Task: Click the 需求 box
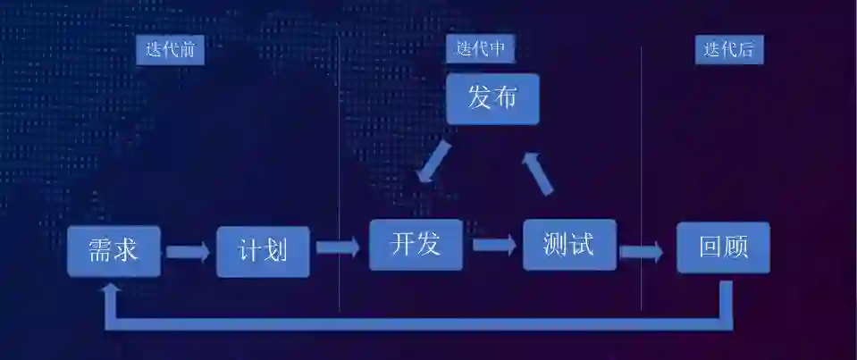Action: tap(113, 250)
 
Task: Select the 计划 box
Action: tap(263, 250)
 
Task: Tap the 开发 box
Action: tap(416, 244)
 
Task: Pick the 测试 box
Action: tap(569, 244)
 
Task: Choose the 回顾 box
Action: tap(722, 247)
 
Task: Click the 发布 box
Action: tap(492, 98)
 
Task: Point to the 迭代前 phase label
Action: tap(170, 50)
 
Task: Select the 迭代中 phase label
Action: tap(480, 49)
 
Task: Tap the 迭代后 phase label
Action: tap(728, 50)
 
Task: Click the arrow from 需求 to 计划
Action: tap(188, 251)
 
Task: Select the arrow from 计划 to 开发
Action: tap(338, 246)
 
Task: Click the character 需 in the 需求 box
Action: tap(100, 250)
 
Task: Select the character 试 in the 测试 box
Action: tap(581, 244)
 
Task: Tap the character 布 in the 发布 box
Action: tap(505, 98)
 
